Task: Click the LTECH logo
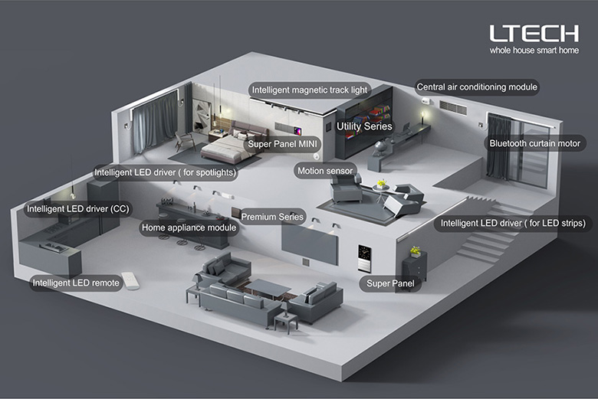[534, 33]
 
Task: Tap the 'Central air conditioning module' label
[477, 87]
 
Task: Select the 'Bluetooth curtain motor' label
[534, 143]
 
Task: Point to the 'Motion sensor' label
[325, 171]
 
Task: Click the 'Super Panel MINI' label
[282, 144]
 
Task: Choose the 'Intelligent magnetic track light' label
[309, 90]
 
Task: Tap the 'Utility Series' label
[364, 126]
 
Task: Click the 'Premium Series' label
[272, 217]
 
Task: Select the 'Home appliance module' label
[189, 228]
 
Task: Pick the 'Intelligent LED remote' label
[76, 283]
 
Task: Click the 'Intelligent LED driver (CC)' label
[77, 209]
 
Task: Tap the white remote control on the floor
[131, 281]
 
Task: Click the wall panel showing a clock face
[364, 258]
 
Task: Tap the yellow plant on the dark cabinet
[416, 251]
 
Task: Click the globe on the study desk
[380, 148]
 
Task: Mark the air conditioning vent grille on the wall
[453, 107]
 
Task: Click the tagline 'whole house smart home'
[534, 51]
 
